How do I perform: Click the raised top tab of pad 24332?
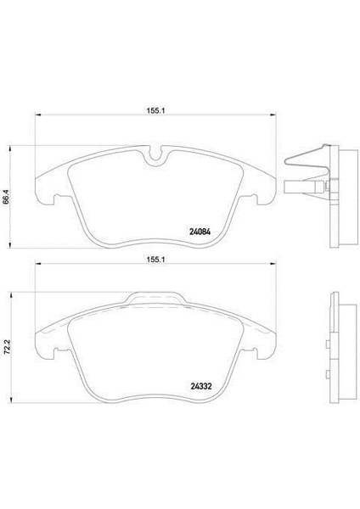(x=155, y=299)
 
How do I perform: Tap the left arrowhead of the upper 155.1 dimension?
(x=36, y=116)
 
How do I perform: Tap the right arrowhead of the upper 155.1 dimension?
(x=273, y=116)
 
